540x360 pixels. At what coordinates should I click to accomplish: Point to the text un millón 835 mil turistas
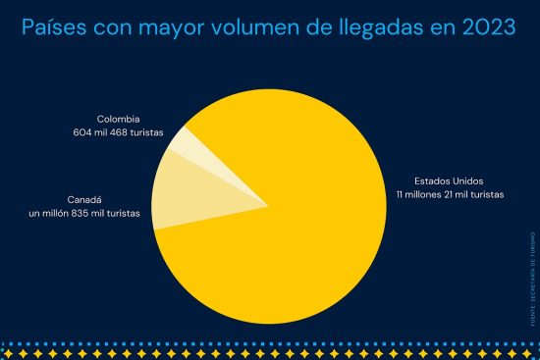84,212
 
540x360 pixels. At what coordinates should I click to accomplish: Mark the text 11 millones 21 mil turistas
451,194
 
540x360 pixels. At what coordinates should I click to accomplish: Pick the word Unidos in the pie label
466,181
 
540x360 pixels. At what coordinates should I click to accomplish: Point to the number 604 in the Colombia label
82,131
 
